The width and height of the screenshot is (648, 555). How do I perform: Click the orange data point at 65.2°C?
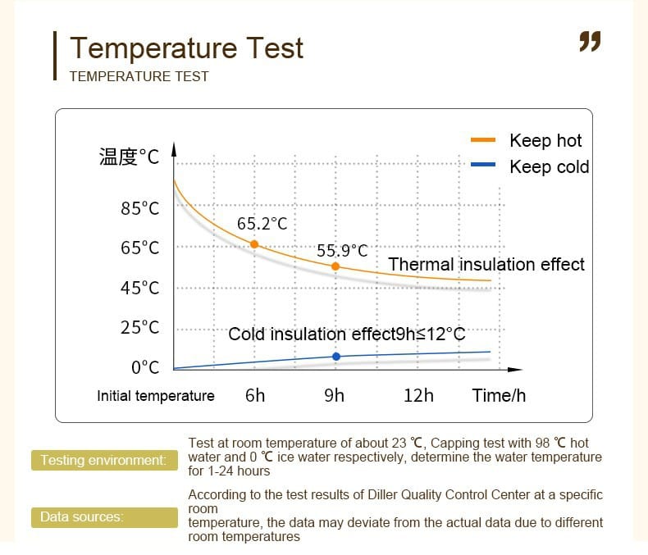(254, 244)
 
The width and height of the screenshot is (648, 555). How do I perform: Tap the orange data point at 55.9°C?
(335, 266)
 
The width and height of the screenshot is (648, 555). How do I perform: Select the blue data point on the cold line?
(336, 357)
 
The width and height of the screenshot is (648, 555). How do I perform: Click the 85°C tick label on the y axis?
(139, 208)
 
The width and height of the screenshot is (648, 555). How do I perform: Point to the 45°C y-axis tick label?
(139, 288)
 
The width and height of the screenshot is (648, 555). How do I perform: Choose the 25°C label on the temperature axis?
(139, 327)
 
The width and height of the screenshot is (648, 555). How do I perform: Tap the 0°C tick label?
(145, 367)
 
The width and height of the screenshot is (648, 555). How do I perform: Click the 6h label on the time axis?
(255, 396)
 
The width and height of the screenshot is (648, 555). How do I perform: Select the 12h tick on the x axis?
(418, 396)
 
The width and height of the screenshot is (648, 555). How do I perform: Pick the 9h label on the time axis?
(334, 396)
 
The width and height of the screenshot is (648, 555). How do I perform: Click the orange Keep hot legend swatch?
(483, 140)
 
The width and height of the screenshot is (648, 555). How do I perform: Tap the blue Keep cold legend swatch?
(483, 164)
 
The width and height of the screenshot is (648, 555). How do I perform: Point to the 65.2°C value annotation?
(262, 224)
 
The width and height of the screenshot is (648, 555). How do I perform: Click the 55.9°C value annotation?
(342, 251)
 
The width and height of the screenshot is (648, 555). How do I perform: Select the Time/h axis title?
(499, 396)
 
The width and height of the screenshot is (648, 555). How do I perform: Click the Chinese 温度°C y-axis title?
(129, 157)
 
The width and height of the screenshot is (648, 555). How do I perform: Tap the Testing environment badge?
(104, 460)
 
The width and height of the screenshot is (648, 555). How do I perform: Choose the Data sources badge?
(104, 517)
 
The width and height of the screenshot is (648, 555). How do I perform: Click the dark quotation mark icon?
(590, 41)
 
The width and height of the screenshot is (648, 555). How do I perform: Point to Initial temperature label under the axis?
(156, 396)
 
